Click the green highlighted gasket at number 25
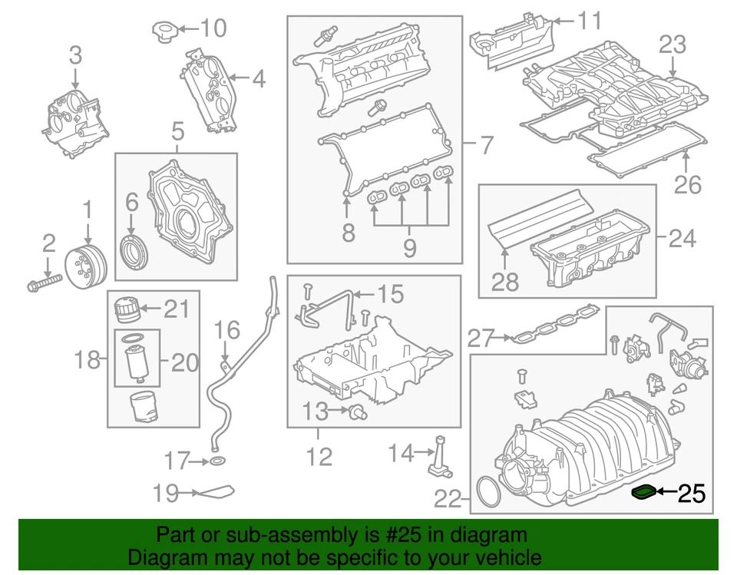[x=645, y=493]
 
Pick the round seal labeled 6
[x=134, y=252]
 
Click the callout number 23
[x=672, y=45]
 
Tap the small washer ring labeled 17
[x=217, y=461]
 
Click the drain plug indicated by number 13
[x=355, y=413]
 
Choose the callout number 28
[x=505, y=282]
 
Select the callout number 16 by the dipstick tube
[x=227, y=330]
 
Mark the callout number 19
[x=166, y=493]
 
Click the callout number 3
[x=75, y=55]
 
